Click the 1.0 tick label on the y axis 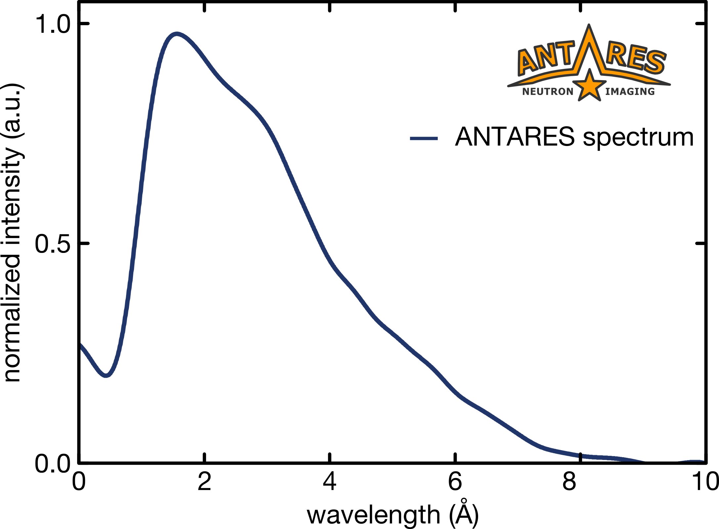coord(53,24)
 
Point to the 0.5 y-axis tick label coord(53,244)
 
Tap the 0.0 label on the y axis coord(53,464)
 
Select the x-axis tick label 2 coord(204,481)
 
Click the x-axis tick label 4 coord(330,481)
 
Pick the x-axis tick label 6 coord(455,481)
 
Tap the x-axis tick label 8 coord(569,481)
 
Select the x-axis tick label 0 coord(79,481)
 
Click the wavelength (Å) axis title coord(393,514)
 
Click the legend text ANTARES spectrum coord(574,137)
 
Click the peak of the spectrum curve coord(177,34)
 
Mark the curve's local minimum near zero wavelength coord(106,375)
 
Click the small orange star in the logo coord(589,85)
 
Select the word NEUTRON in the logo coord(548,92)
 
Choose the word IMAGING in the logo coord(630,92)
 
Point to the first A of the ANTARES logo coord(529,61)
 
